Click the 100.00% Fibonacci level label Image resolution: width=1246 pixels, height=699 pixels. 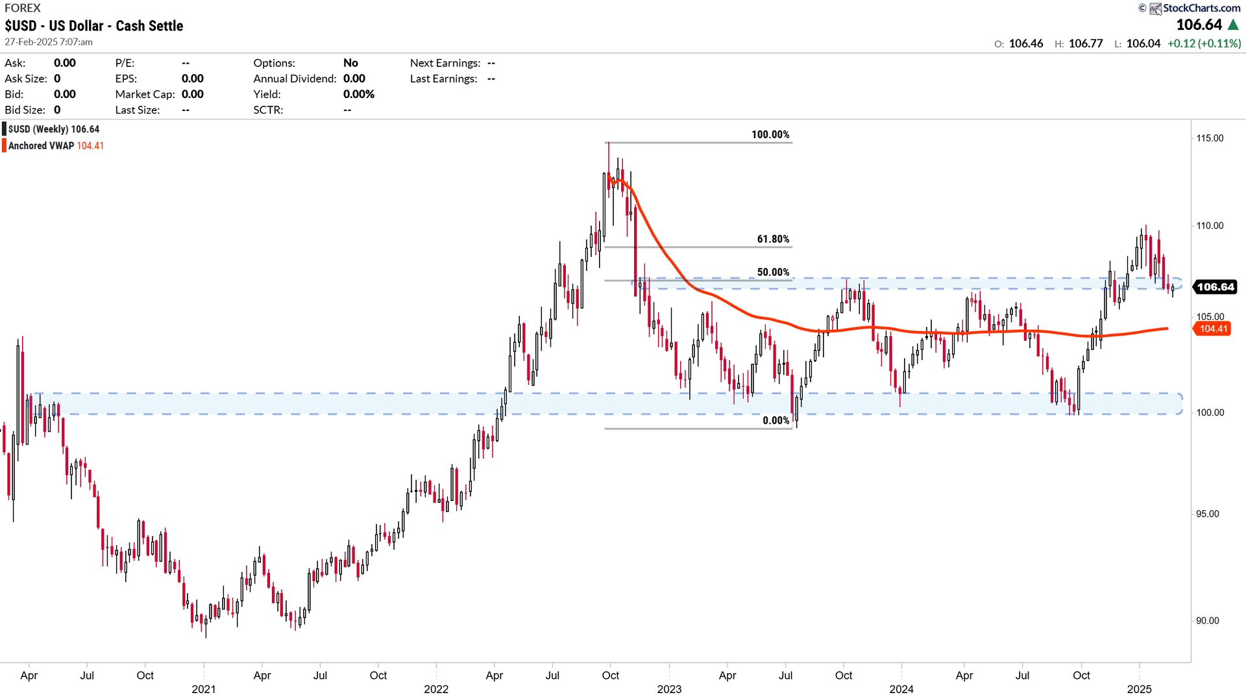pos(770,135)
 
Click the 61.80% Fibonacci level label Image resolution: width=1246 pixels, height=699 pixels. pos(773,239)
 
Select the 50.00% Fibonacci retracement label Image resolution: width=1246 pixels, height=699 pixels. pos(773,273)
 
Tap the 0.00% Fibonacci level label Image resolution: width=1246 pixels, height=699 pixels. pos(776,421)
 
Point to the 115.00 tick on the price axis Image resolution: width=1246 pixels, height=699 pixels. pos(1210,138)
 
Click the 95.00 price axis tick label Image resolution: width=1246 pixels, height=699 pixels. pos(1207,514)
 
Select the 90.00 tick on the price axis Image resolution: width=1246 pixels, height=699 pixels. pos(1207,621)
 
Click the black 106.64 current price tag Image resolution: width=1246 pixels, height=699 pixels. pos(1215,287)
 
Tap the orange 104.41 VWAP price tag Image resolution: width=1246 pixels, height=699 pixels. pos(1213,329)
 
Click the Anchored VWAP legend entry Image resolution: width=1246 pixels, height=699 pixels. pos(55,146)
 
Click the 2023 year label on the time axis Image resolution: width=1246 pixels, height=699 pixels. pos(669,689)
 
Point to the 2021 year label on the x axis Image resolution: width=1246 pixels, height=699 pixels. pos(203,689)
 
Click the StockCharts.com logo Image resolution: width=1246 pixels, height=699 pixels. pos(1195,8)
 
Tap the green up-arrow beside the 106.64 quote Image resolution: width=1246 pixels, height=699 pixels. pos(1234,25)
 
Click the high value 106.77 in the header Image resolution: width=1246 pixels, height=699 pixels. pos(1085,43)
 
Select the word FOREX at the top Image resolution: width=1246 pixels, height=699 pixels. pos(23,8)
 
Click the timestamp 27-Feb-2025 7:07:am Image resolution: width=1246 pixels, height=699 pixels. pos(49,42)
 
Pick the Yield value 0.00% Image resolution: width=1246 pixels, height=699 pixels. pos(359,94)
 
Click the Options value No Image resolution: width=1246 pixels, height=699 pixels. pos(350,63)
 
